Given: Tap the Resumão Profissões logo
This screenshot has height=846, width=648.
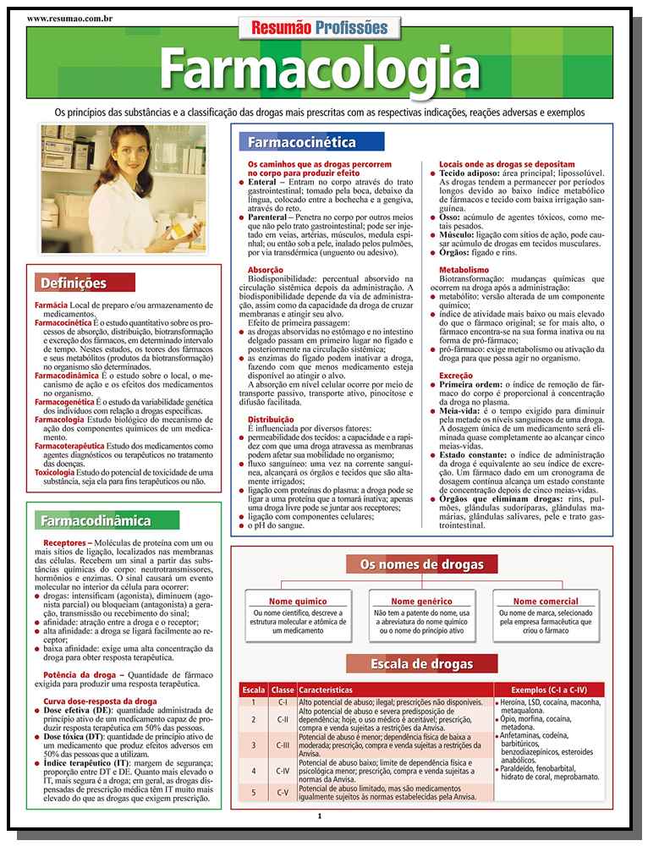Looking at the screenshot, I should (320, 27).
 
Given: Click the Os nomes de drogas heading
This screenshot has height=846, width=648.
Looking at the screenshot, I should (421, 564).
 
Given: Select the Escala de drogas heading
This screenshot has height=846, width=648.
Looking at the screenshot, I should (421, 663).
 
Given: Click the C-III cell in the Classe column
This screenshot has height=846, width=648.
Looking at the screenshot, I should (283, 745).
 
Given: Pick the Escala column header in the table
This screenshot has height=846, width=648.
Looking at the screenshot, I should (253, 689).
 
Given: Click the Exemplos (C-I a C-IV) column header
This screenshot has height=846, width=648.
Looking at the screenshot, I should (550, 689).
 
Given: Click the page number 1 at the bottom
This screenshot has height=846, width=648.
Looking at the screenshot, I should (319, 816).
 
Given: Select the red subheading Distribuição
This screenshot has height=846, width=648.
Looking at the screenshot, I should (270, 419).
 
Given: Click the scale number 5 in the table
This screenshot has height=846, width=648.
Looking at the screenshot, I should (253, 793).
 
